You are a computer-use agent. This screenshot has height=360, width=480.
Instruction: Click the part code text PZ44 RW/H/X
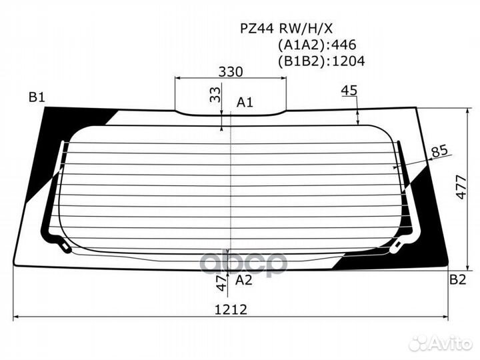286,29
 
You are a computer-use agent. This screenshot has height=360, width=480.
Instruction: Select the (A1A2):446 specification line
317,45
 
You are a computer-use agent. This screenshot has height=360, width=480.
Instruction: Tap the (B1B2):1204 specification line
321,61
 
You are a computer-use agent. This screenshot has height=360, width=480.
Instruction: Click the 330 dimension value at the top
231,72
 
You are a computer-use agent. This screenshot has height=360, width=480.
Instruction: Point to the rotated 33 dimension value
215,95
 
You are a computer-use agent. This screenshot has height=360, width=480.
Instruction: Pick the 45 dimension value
349,90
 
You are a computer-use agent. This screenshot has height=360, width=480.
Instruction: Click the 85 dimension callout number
439,151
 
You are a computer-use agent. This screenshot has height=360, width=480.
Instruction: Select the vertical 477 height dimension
461,187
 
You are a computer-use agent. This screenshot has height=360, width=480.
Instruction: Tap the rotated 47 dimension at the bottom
222,283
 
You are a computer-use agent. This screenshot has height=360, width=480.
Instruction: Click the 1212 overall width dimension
231,310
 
